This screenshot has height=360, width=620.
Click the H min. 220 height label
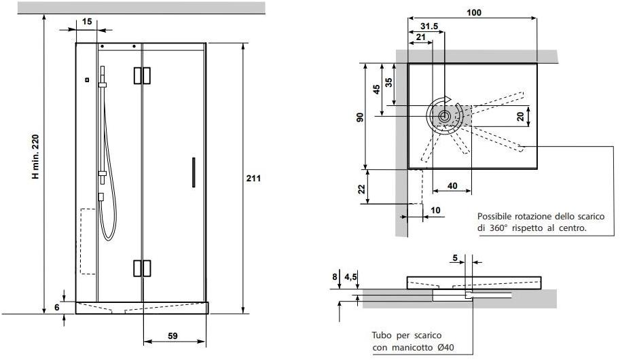click(x=35, y=157)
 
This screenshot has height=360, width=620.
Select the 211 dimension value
click(x=253, y=179)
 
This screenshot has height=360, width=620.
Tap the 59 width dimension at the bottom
click(x=172, y=336)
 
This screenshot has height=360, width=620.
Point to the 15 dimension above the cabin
click(x=87, y=21)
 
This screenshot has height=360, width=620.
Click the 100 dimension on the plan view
click(x=474, y=13)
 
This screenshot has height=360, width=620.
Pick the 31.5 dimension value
click(x=429, y=26)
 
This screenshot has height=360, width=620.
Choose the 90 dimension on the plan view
click(x=360, y=117)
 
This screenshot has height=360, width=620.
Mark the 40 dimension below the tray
click(x=452, y=186)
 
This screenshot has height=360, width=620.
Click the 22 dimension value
click(x=362, y=189)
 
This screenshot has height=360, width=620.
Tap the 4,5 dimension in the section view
click(x=350, y=276)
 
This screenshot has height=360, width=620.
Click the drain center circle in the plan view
click(x=444, y=116)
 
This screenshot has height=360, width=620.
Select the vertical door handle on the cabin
click(x=194, y=173)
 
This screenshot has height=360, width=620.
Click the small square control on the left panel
click(x=87, y=80)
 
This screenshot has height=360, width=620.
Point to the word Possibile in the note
click(x=494, y=217)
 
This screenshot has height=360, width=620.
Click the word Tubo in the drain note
click(x=382, y=336)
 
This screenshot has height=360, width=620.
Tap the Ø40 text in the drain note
click(x=445, y=348)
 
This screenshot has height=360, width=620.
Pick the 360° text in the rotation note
click(x=497, y=228)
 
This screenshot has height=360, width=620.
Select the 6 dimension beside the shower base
click(x=57, y=308)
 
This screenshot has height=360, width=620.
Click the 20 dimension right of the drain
click(x=520, y=117)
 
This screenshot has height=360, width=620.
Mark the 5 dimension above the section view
click(x=455, y=258)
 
